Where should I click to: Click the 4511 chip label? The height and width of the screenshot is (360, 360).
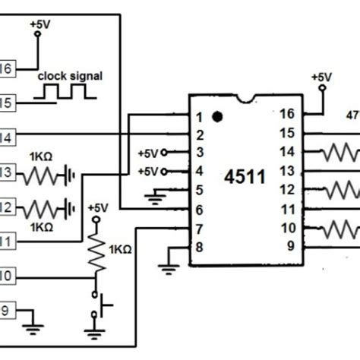point(245,178)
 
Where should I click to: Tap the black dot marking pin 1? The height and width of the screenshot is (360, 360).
point(217,118)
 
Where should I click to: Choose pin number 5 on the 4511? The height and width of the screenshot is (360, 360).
point(200,190)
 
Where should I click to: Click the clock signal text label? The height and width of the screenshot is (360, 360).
point(69,77)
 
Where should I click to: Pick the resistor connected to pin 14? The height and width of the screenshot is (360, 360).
point(338,153)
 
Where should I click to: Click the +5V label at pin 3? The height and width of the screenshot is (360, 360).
point(149,153)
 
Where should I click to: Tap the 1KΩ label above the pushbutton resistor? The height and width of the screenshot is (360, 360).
point(121,249)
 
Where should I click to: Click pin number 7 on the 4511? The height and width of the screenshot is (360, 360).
point(200,227)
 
